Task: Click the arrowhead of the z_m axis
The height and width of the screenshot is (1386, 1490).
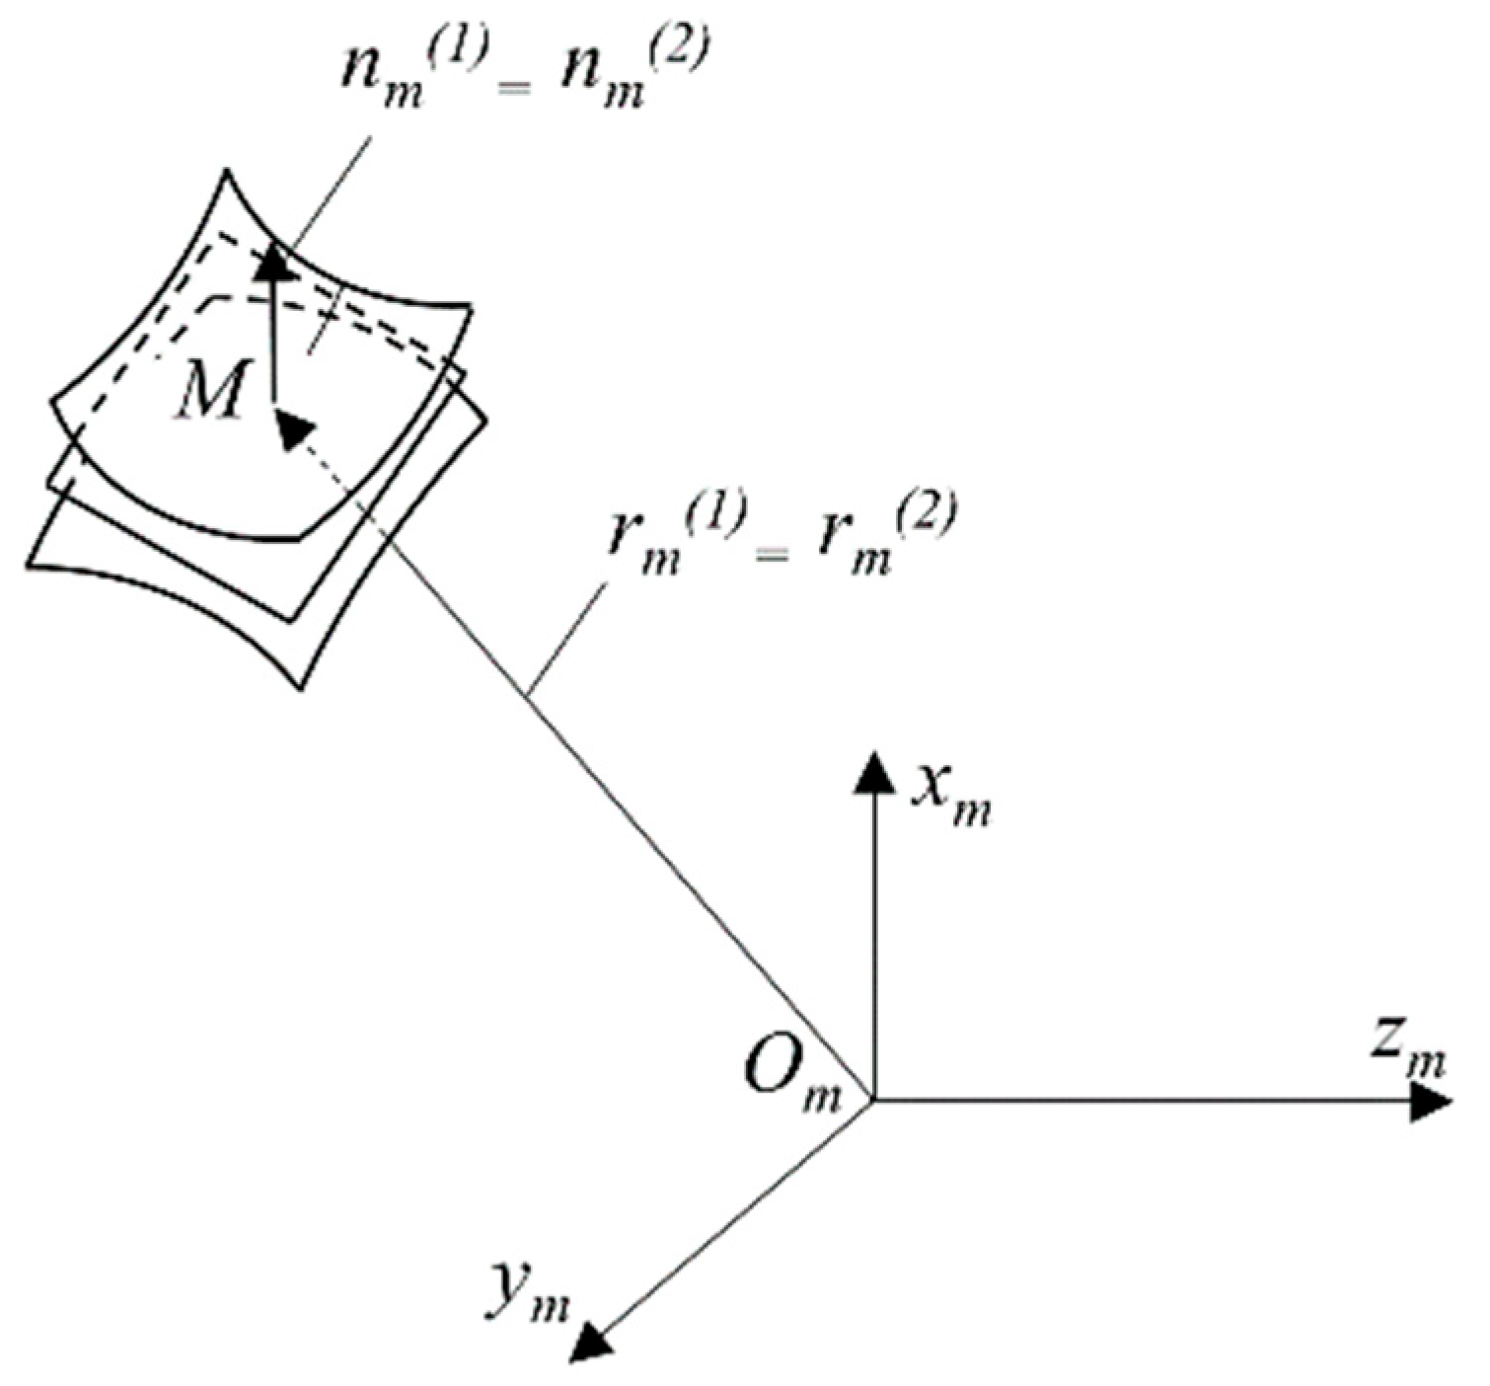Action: (x=1430, y=1100)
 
